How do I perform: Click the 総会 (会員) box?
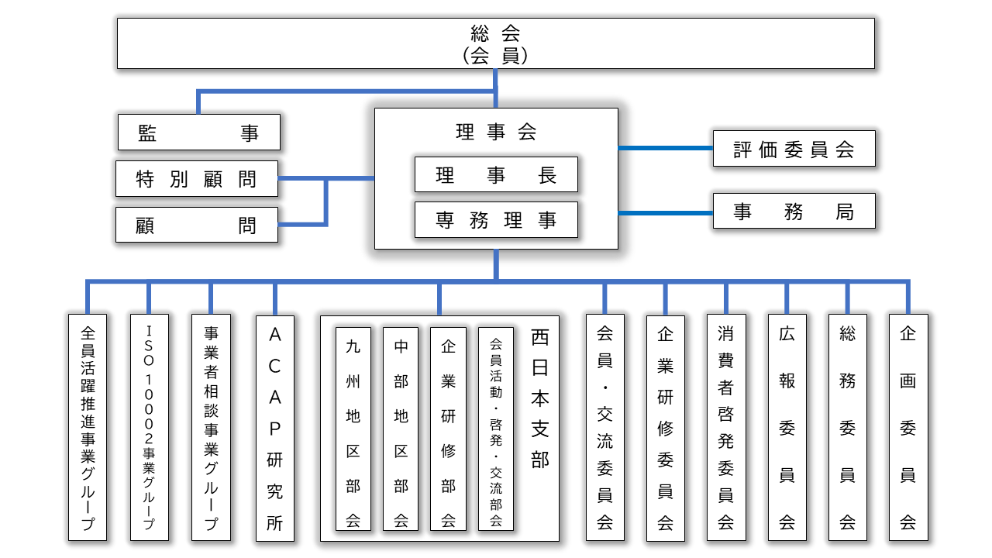click(x=496, y=43)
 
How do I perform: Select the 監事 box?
click(x=199, y=133)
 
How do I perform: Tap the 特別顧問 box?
click(x=197, y=179)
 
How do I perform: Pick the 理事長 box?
click(x=496, y=174)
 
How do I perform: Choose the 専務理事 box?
click(x=496, y=220)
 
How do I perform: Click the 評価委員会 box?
click(x=794, y=149)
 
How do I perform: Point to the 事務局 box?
click(x=794, y=212)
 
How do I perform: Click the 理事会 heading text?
click(x=496, y=132)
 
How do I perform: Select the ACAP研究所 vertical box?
click(x=275, y=429)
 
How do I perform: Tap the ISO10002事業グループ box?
click(x=150, y=428)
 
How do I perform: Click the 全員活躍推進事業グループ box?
click(x=88, y=428)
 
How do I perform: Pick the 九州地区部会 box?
click(x=353, y=429)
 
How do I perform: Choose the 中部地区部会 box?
click(x=401, y=429)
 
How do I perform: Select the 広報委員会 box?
click(x=787, y=428)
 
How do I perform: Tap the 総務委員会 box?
click(x=848, y=428)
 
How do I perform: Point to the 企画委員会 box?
click(x=908, y=428)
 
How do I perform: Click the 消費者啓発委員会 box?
click(x=726, y=428)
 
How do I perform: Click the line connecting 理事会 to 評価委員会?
click(x=666, y=148)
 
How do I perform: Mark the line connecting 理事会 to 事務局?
click(x=666, y=213)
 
